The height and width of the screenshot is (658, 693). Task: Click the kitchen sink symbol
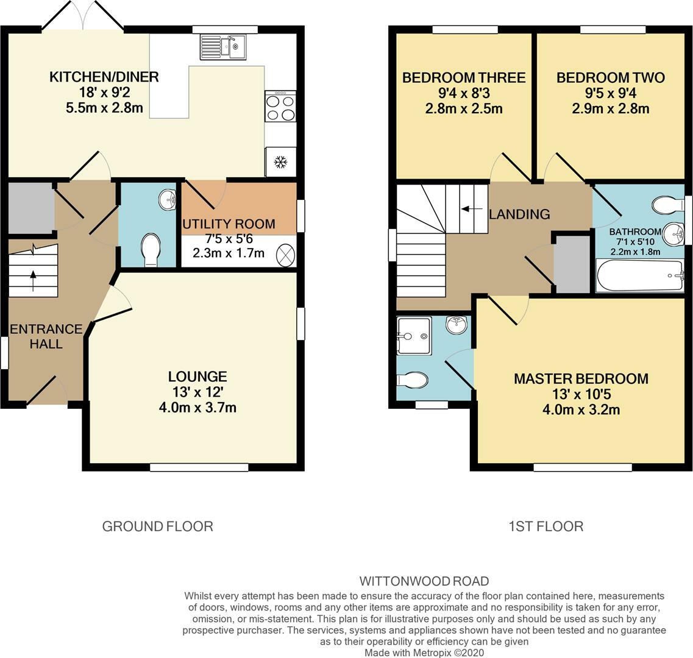click(223, 46)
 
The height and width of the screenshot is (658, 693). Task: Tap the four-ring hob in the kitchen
click(280, 107)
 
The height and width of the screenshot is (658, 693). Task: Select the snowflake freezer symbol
click(280, 162)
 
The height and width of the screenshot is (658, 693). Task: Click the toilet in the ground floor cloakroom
click(150, 250)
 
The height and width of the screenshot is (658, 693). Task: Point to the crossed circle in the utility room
click(285, 255)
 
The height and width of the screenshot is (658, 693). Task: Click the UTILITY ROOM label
click(229, 224)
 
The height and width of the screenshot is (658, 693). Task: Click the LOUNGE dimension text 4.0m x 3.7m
click(197, 407)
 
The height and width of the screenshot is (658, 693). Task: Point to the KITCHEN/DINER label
click(104, 77)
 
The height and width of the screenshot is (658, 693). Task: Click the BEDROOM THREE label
click(464, 77)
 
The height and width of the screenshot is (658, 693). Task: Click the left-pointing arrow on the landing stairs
click(469, 210)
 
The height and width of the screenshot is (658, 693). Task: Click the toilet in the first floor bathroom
click(667, 205)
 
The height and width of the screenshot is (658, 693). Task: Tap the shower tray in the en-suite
click(414, 335)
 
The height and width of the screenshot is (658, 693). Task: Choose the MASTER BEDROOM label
click(581, 378)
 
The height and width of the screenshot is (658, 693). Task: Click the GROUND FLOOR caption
click(157, 526)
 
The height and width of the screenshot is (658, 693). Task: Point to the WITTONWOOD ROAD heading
click(424, 581)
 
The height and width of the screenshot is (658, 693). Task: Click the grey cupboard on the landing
click(572, 264)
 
